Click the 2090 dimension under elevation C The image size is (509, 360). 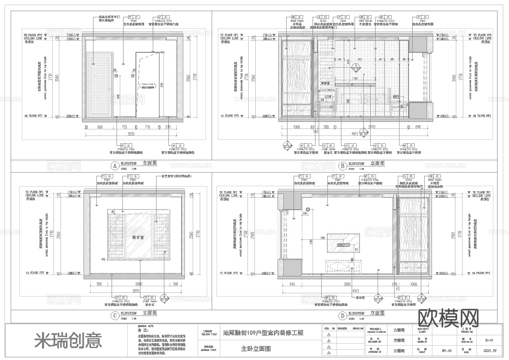point(139,284)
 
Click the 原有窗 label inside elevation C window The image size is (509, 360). point(138,237)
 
